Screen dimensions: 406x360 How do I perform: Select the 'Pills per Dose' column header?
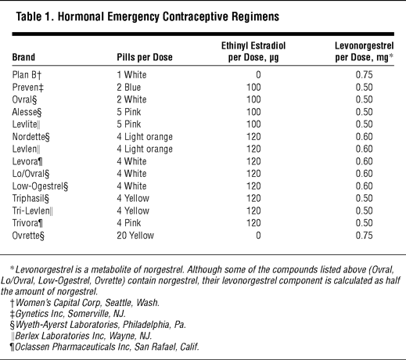145,57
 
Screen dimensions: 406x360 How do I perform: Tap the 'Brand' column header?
23,57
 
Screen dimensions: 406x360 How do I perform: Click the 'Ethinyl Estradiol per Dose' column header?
253,52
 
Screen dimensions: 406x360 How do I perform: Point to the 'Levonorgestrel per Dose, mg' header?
365,52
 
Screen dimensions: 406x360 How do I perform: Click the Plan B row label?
27,75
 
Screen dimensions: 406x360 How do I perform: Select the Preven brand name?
27,87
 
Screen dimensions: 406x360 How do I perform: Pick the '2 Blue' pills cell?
128,87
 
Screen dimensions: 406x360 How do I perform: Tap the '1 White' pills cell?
131,75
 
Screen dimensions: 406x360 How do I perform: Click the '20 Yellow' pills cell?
135,236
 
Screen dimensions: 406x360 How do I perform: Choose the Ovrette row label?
28,236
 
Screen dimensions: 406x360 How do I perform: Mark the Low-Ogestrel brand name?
40,186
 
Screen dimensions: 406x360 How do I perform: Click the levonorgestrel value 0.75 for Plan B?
364,75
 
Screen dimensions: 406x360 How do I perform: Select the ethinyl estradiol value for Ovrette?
258,236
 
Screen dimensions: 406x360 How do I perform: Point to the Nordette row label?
31,137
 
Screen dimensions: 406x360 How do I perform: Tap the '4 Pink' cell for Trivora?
128,223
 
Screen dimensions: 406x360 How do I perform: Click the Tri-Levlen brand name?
32,211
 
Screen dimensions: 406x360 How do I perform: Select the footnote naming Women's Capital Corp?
84,303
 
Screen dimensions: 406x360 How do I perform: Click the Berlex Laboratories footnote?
81,336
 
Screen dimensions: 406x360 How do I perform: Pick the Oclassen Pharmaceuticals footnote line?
104,347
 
